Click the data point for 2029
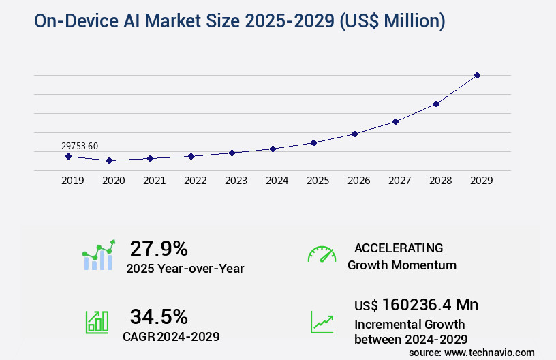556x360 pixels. [477, 75]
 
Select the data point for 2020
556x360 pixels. [109, 160]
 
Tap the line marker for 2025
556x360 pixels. [313, 142]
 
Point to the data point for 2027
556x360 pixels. [395, 121]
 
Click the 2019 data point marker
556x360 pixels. [68, 156]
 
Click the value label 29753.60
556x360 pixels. [80, 146]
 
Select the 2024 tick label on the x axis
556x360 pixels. [277, 181]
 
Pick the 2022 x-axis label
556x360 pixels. [196, 181]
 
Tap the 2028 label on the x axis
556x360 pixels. [441, 181]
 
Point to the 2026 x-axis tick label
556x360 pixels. [359, 181]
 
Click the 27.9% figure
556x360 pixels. [159, 248]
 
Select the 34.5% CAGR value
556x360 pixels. [159, 316]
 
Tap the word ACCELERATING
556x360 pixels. [399, 248]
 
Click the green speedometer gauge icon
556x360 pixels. [322, 254]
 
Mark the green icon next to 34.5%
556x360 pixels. [97, 322]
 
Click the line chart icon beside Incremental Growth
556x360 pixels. [322, 322]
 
